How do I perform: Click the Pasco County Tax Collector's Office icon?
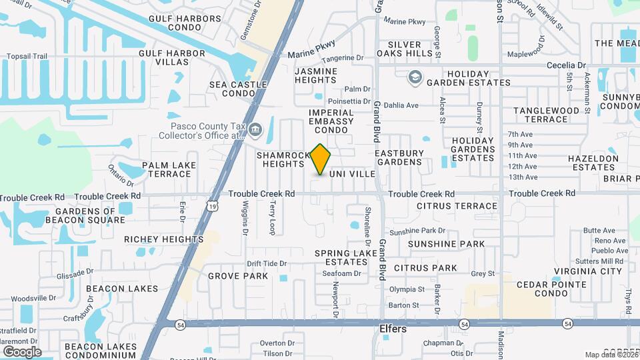[x=256, y=129]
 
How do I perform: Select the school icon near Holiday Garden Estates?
[x=415, y=77]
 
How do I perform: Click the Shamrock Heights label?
[x=283, y=159]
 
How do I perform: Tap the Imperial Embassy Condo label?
[x=331, y=121]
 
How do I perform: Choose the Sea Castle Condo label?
[x=238, y=89]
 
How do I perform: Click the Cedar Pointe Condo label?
[x=551, y=289]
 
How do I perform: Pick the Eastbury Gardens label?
[x=399, y=157]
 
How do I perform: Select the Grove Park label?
[x=237, y=275]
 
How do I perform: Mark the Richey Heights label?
[x=163, y=239]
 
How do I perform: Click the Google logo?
[x=21, y=351]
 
